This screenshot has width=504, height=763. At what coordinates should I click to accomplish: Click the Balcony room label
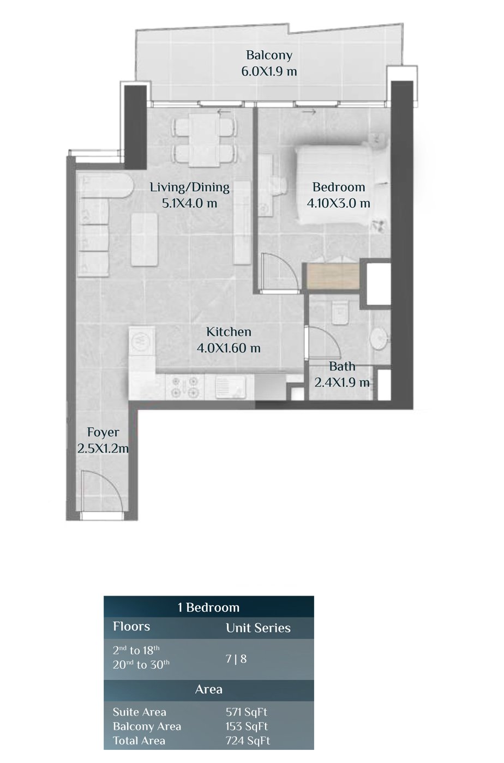[269, 55]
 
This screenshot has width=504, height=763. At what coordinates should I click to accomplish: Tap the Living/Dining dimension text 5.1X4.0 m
[189, 203]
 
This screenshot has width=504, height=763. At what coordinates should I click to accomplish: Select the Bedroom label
[339, 187]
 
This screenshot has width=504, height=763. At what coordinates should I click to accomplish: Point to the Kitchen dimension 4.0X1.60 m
[229, 348]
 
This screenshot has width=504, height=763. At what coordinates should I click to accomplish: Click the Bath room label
[342, 366]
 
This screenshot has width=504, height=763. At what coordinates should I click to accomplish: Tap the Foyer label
[103, 432]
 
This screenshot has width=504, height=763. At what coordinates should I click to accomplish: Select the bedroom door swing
[276, 272]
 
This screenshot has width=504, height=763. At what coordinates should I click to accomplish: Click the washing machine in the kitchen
[141, 341]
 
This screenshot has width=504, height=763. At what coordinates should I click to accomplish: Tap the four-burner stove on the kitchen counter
[184, 387]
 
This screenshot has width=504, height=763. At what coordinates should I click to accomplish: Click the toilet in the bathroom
[340, 313]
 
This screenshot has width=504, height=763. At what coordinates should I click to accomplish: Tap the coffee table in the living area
[144, 239]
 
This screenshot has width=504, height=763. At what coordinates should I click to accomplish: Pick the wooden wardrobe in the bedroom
[333, 276]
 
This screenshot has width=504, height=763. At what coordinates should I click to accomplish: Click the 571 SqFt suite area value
[246, 712]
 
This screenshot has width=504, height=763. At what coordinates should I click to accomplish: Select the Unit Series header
[258, 628]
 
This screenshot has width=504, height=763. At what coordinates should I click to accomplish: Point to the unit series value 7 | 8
[236, 659]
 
